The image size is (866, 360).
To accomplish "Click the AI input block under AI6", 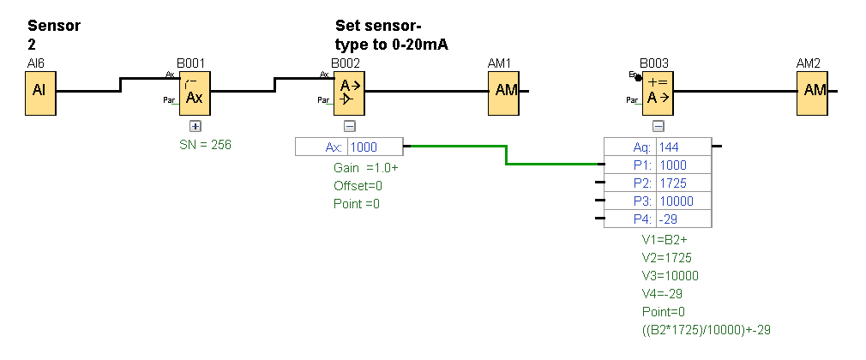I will pyautogui.click(x=39, y=91).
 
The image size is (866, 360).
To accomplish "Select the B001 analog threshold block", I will pyautogui.click(x=194, y=91).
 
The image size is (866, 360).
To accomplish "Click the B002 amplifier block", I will pyautogui.click(x=349, y=91).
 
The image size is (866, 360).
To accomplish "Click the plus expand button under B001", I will pyautogui.click(x=195, y=126).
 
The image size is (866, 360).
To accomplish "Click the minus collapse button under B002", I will pyautogui.click(x=349, y=126).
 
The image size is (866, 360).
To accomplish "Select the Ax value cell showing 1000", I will pyautogui.click(x=374, y=147).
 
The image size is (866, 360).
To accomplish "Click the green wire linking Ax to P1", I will pyautogui.click(x=506, y=155).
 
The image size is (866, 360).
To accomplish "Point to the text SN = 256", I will pyautogui.click(x=205, y=145).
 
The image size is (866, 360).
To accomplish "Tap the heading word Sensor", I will pyautogui.click(x=54, y=26).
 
